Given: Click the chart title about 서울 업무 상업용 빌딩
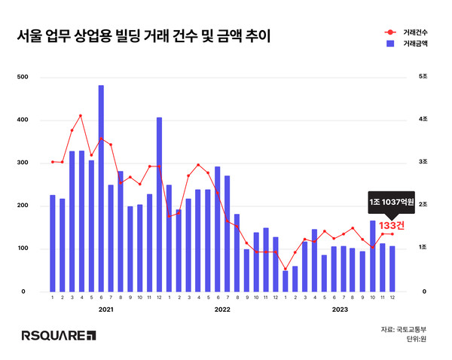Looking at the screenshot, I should tap(144, 36).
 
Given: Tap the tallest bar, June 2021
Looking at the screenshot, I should tap(101, 188).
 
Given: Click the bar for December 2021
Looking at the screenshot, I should tap(159, 204).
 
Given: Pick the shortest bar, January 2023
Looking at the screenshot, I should tap(286, 281).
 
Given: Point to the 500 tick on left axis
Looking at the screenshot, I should tap(22, 77).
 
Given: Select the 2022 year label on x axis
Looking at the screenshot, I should tap(222, 309).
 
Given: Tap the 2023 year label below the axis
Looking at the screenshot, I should tap(338, 309).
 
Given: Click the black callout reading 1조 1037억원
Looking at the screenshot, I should tap(390, 203).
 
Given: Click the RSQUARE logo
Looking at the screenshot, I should tap(59, 334).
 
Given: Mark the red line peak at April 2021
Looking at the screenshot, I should tap(81, 116).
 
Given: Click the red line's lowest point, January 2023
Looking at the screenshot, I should tap(286, 270).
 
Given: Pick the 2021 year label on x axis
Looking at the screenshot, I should tap(106, 309).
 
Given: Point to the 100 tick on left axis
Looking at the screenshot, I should tap(22, 249).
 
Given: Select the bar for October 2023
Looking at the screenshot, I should tap(373, 256).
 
